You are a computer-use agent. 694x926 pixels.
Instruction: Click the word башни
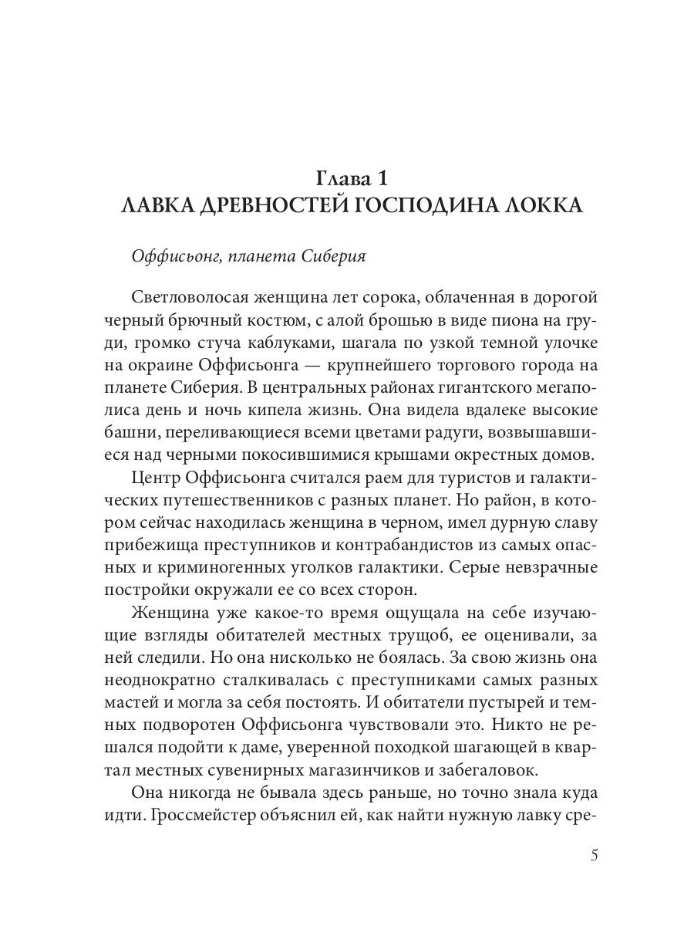(126, 432)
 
